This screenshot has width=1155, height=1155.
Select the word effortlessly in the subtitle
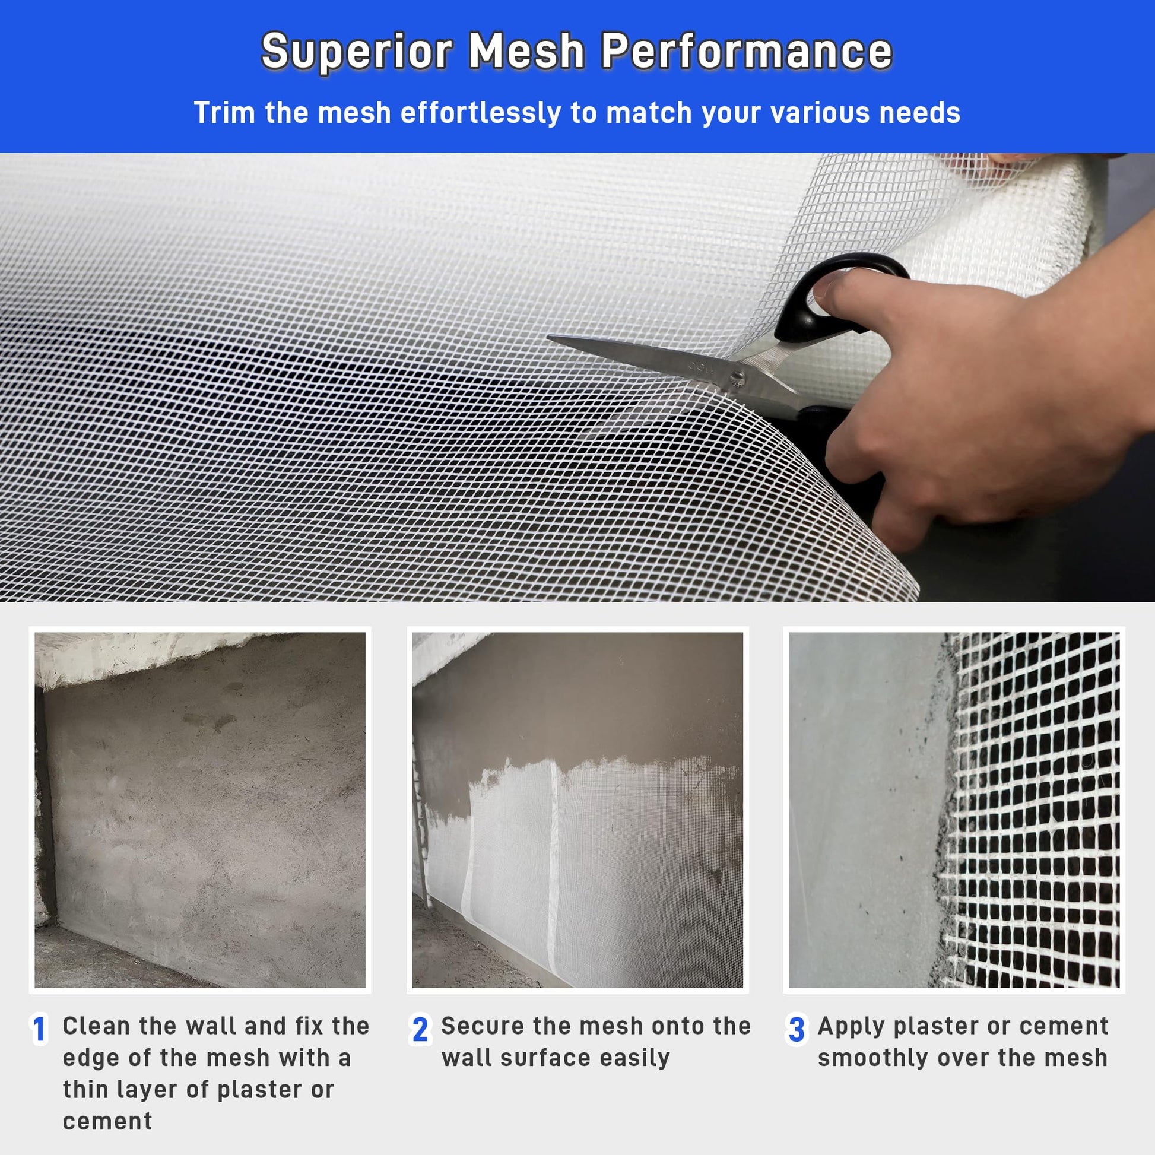[x=481, y=113]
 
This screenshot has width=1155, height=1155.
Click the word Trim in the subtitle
[x=225, y=113]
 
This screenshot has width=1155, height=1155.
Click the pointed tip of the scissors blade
[x=549, y=338]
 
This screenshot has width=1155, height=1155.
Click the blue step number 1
[x=39, y=1029]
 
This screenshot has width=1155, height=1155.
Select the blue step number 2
[x=420, y=1029]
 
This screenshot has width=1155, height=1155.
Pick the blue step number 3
[x=797, y=1029]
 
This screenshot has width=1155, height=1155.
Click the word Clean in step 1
[x=96, y=1026]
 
